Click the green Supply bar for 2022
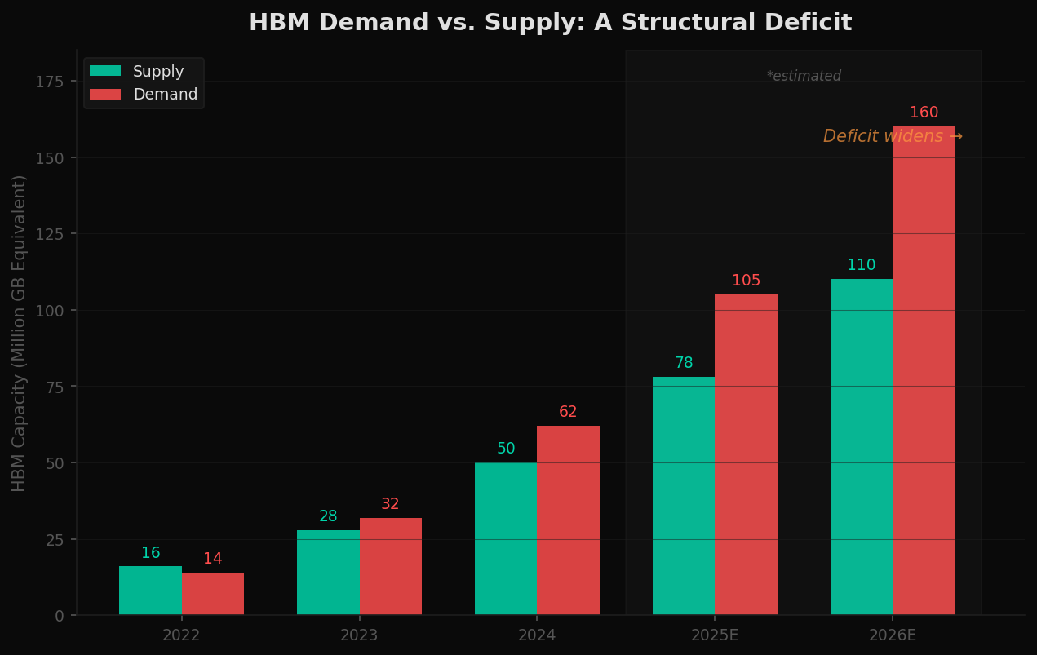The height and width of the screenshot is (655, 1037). pyautogui.click(x=150, y=591)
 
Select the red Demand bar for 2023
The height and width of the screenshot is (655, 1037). pyautogui.click(x=391, y=566)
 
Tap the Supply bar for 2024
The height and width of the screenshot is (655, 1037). pyautogui.click(x=506, y=538)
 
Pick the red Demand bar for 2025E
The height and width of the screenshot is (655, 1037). pyautogui.click(x=746, y=454)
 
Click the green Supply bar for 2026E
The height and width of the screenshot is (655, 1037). pyautogui.click(x=862, y=447)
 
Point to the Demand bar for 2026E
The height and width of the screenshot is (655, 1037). pyautogui.click(x=924, y=370)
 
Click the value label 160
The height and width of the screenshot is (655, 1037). pyautogui.click(x=924, y=113)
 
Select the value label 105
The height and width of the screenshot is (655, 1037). pyautogui.click(x=746, y=281)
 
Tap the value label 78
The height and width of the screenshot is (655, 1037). pyautogui.click(x=684, y=363)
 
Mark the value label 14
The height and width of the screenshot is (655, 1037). pyautogui.click(x=213, y=559)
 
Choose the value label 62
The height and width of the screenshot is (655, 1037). pyautogui.click(x=568, y=412)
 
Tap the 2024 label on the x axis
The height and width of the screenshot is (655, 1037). pyautogui.click(x=537, y=635)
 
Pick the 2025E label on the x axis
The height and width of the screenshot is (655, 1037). pyautogui.click(x=715, y=635)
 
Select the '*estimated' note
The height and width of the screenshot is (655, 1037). pyautogui.click(x=804, y=77)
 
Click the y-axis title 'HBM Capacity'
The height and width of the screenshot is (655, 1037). pyautogui.click(x=20, y=333)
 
